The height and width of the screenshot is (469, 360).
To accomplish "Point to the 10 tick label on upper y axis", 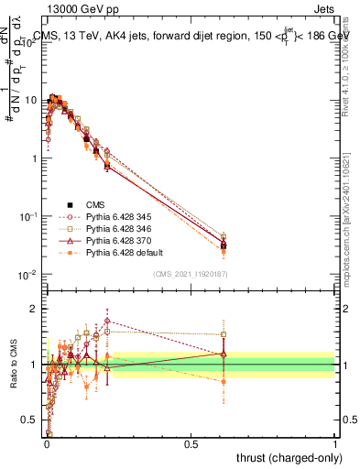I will pos(31,100).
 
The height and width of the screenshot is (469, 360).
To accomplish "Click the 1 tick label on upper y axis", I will pos(35,158).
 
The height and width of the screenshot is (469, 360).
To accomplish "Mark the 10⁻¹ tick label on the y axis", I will pos(29,216).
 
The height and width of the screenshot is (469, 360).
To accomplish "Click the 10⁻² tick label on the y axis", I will pos(29,275).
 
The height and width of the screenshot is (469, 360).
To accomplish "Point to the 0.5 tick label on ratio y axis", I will pos(31,420).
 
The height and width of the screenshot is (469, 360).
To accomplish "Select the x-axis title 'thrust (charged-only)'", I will pos(285,457).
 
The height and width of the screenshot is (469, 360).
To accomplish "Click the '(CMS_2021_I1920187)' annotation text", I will pos(191,273).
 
